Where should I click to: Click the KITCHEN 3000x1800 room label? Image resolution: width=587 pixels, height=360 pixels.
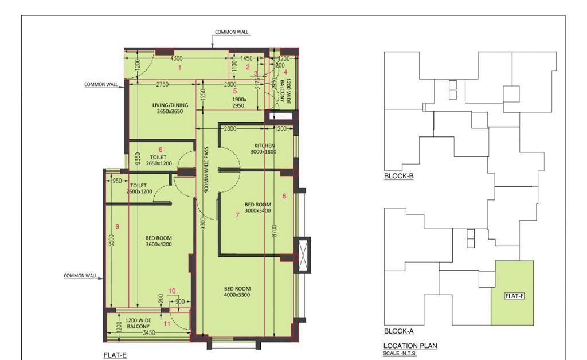pos(263,149)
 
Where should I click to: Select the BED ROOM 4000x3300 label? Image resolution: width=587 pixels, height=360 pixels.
pos(237,292)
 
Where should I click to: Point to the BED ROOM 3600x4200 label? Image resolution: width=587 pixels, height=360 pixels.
pos(158,241)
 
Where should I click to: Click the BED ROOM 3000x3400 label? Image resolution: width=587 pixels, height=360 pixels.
pos(257,208)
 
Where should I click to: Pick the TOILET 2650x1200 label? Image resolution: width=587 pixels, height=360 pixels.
pos(158,160)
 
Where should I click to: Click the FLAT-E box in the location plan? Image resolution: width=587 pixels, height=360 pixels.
pos(514,296)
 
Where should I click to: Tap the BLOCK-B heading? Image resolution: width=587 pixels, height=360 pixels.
pos(398,176)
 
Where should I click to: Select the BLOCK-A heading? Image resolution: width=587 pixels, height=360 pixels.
pos(398,331)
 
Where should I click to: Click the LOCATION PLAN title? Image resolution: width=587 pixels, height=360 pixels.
pos(410,346)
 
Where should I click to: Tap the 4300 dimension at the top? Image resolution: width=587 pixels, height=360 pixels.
pos(177,58)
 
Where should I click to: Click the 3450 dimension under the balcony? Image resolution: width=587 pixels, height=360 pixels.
pos(149,332)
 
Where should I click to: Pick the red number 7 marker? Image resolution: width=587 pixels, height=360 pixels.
pos(237,215)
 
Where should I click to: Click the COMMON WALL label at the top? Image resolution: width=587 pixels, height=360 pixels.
pos(232,32)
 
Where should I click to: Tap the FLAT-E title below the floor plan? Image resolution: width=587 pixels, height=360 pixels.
pos(115,355)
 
